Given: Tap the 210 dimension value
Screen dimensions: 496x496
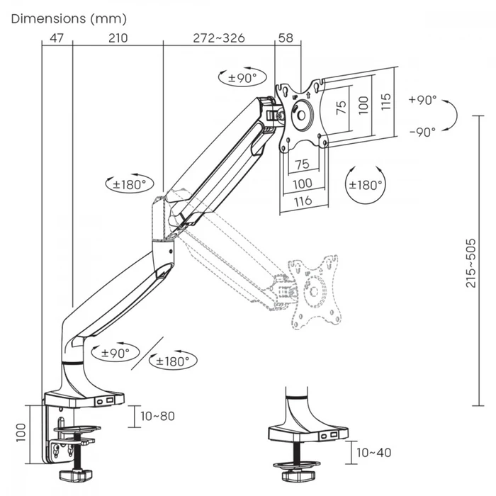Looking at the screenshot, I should pos(118,38).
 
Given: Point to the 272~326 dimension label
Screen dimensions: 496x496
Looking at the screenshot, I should pos(219,38).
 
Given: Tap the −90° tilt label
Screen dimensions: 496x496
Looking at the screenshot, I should pos(422,131).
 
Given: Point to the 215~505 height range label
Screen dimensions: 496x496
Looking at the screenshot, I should pos(470,262).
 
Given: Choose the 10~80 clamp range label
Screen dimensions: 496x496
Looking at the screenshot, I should pos(157,416).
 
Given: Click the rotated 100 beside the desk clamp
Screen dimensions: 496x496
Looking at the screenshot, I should pos(21,430).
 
